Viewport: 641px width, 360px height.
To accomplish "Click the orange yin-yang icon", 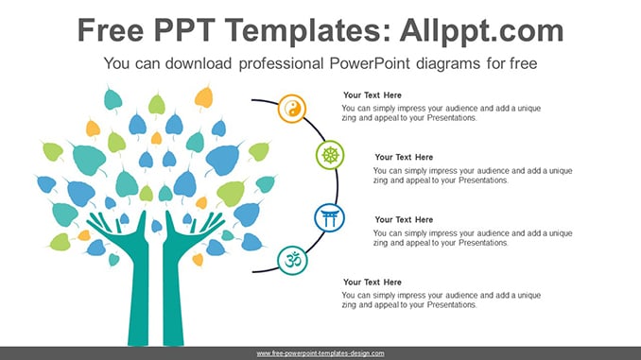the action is click(292, 109).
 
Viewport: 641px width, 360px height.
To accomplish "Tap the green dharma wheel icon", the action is click(330, 155).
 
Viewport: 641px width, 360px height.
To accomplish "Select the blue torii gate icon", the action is click(330, 218).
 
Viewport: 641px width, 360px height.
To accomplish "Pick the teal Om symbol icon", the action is click(293, 260).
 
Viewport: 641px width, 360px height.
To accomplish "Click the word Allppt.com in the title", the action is click(481, 30).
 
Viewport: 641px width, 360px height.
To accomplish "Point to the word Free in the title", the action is click(111, 30).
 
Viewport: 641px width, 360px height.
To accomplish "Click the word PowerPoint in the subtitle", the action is click(370, 63).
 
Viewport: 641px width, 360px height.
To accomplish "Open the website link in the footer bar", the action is click(320, 353).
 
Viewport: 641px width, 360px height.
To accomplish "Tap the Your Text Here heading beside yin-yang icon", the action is click(372, 95).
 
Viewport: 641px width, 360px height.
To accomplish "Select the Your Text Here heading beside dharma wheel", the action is click(404, 157).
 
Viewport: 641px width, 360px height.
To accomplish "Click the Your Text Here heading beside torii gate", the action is click(404, 220).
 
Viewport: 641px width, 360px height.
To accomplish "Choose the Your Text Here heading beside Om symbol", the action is click(372, 283).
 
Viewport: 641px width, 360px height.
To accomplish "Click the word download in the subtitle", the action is click(199, 63).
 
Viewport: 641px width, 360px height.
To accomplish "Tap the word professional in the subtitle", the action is click(281, 63).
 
